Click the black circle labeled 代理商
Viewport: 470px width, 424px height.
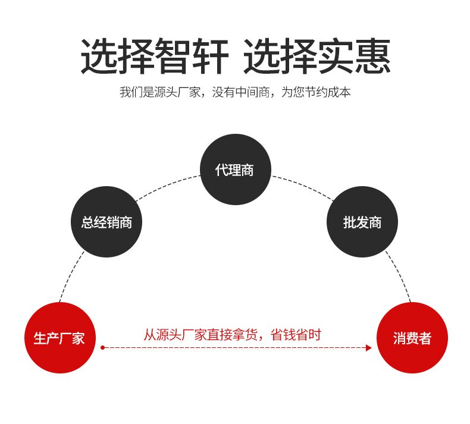pyautogui.click(x=235, y=169)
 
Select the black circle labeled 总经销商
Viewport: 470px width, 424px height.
pyautogui.click(x=106, y=222)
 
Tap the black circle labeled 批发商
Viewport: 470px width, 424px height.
pyautogui.click(x=362, y=222)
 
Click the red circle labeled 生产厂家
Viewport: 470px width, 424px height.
pyautogui.click(x=59, y=338)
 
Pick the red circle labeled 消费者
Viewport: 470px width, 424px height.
pyautogui.click(x=412, y=338)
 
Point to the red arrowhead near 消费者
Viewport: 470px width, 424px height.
pyautogui.click(x=368, y=347)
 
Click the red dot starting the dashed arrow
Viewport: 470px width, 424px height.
pyautogui.click(x=102, y=347)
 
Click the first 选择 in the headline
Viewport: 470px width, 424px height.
pyautogui.click(x=118, y=57)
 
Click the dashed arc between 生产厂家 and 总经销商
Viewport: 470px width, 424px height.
pyautogui.click(x=70, y=276)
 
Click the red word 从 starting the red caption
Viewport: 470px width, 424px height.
pyautogui.click(x=149, y=334)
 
